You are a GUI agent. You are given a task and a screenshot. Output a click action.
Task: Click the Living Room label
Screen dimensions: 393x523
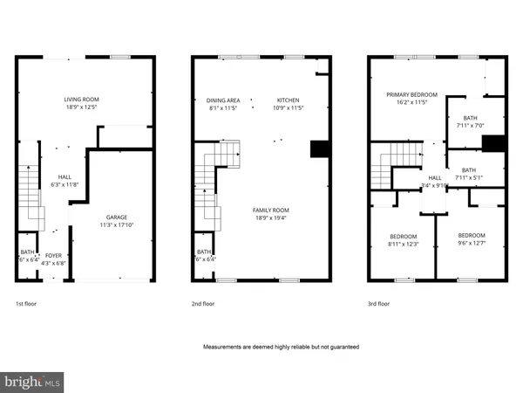pos(83,100)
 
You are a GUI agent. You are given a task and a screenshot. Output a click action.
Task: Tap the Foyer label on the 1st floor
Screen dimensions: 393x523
pos(54,255)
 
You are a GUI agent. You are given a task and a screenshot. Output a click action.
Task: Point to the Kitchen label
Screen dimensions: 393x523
pos(289,100)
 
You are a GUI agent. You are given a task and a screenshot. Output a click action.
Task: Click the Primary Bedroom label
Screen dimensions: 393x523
pos(412,93)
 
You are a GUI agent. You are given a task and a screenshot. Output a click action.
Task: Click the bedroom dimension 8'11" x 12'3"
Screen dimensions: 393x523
pos(404,244)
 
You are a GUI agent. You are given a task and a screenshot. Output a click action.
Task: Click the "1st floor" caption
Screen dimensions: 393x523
pos(27,304)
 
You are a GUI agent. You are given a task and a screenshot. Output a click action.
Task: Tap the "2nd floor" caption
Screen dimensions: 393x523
pos(203,304)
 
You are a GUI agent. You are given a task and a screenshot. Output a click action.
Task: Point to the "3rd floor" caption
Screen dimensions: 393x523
pos(379,304)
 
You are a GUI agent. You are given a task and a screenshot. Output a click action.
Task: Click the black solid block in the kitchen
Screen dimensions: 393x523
pos(320,148)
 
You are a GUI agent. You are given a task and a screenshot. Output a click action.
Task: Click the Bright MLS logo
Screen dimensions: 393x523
pos(33,382)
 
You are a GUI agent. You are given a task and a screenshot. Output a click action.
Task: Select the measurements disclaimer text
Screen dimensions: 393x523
pos(281,347)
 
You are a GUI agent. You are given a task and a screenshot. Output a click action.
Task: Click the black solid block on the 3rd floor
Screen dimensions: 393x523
pos(494,144)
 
